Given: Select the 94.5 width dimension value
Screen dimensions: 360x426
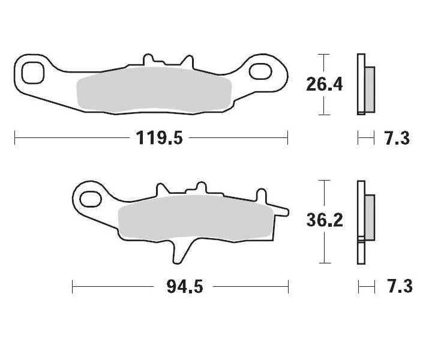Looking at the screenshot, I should pos(183,287).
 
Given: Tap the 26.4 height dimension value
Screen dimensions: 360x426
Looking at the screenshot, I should pos(324,84).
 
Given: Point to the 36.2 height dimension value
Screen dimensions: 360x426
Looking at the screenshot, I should pos(324,221).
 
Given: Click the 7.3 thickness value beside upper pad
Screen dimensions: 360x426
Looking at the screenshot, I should pos(396,139).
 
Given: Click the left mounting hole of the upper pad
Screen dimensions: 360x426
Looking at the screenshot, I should pos(32,73).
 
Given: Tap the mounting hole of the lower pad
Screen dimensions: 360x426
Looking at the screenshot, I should pos(90,197).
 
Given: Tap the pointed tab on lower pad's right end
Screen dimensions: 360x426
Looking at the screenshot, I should pos(282,211).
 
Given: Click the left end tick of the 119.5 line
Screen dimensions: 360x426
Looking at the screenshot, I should pos(14,139).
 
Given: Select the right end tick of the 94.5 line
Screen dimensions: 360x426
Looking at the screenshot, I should pos(289,287).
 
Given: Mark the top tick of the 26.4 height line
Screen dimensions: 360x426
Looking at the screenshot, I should pos(324,55).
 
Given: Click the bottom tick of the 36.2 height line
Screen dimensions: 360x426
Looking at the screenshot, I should pos(324,263).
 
